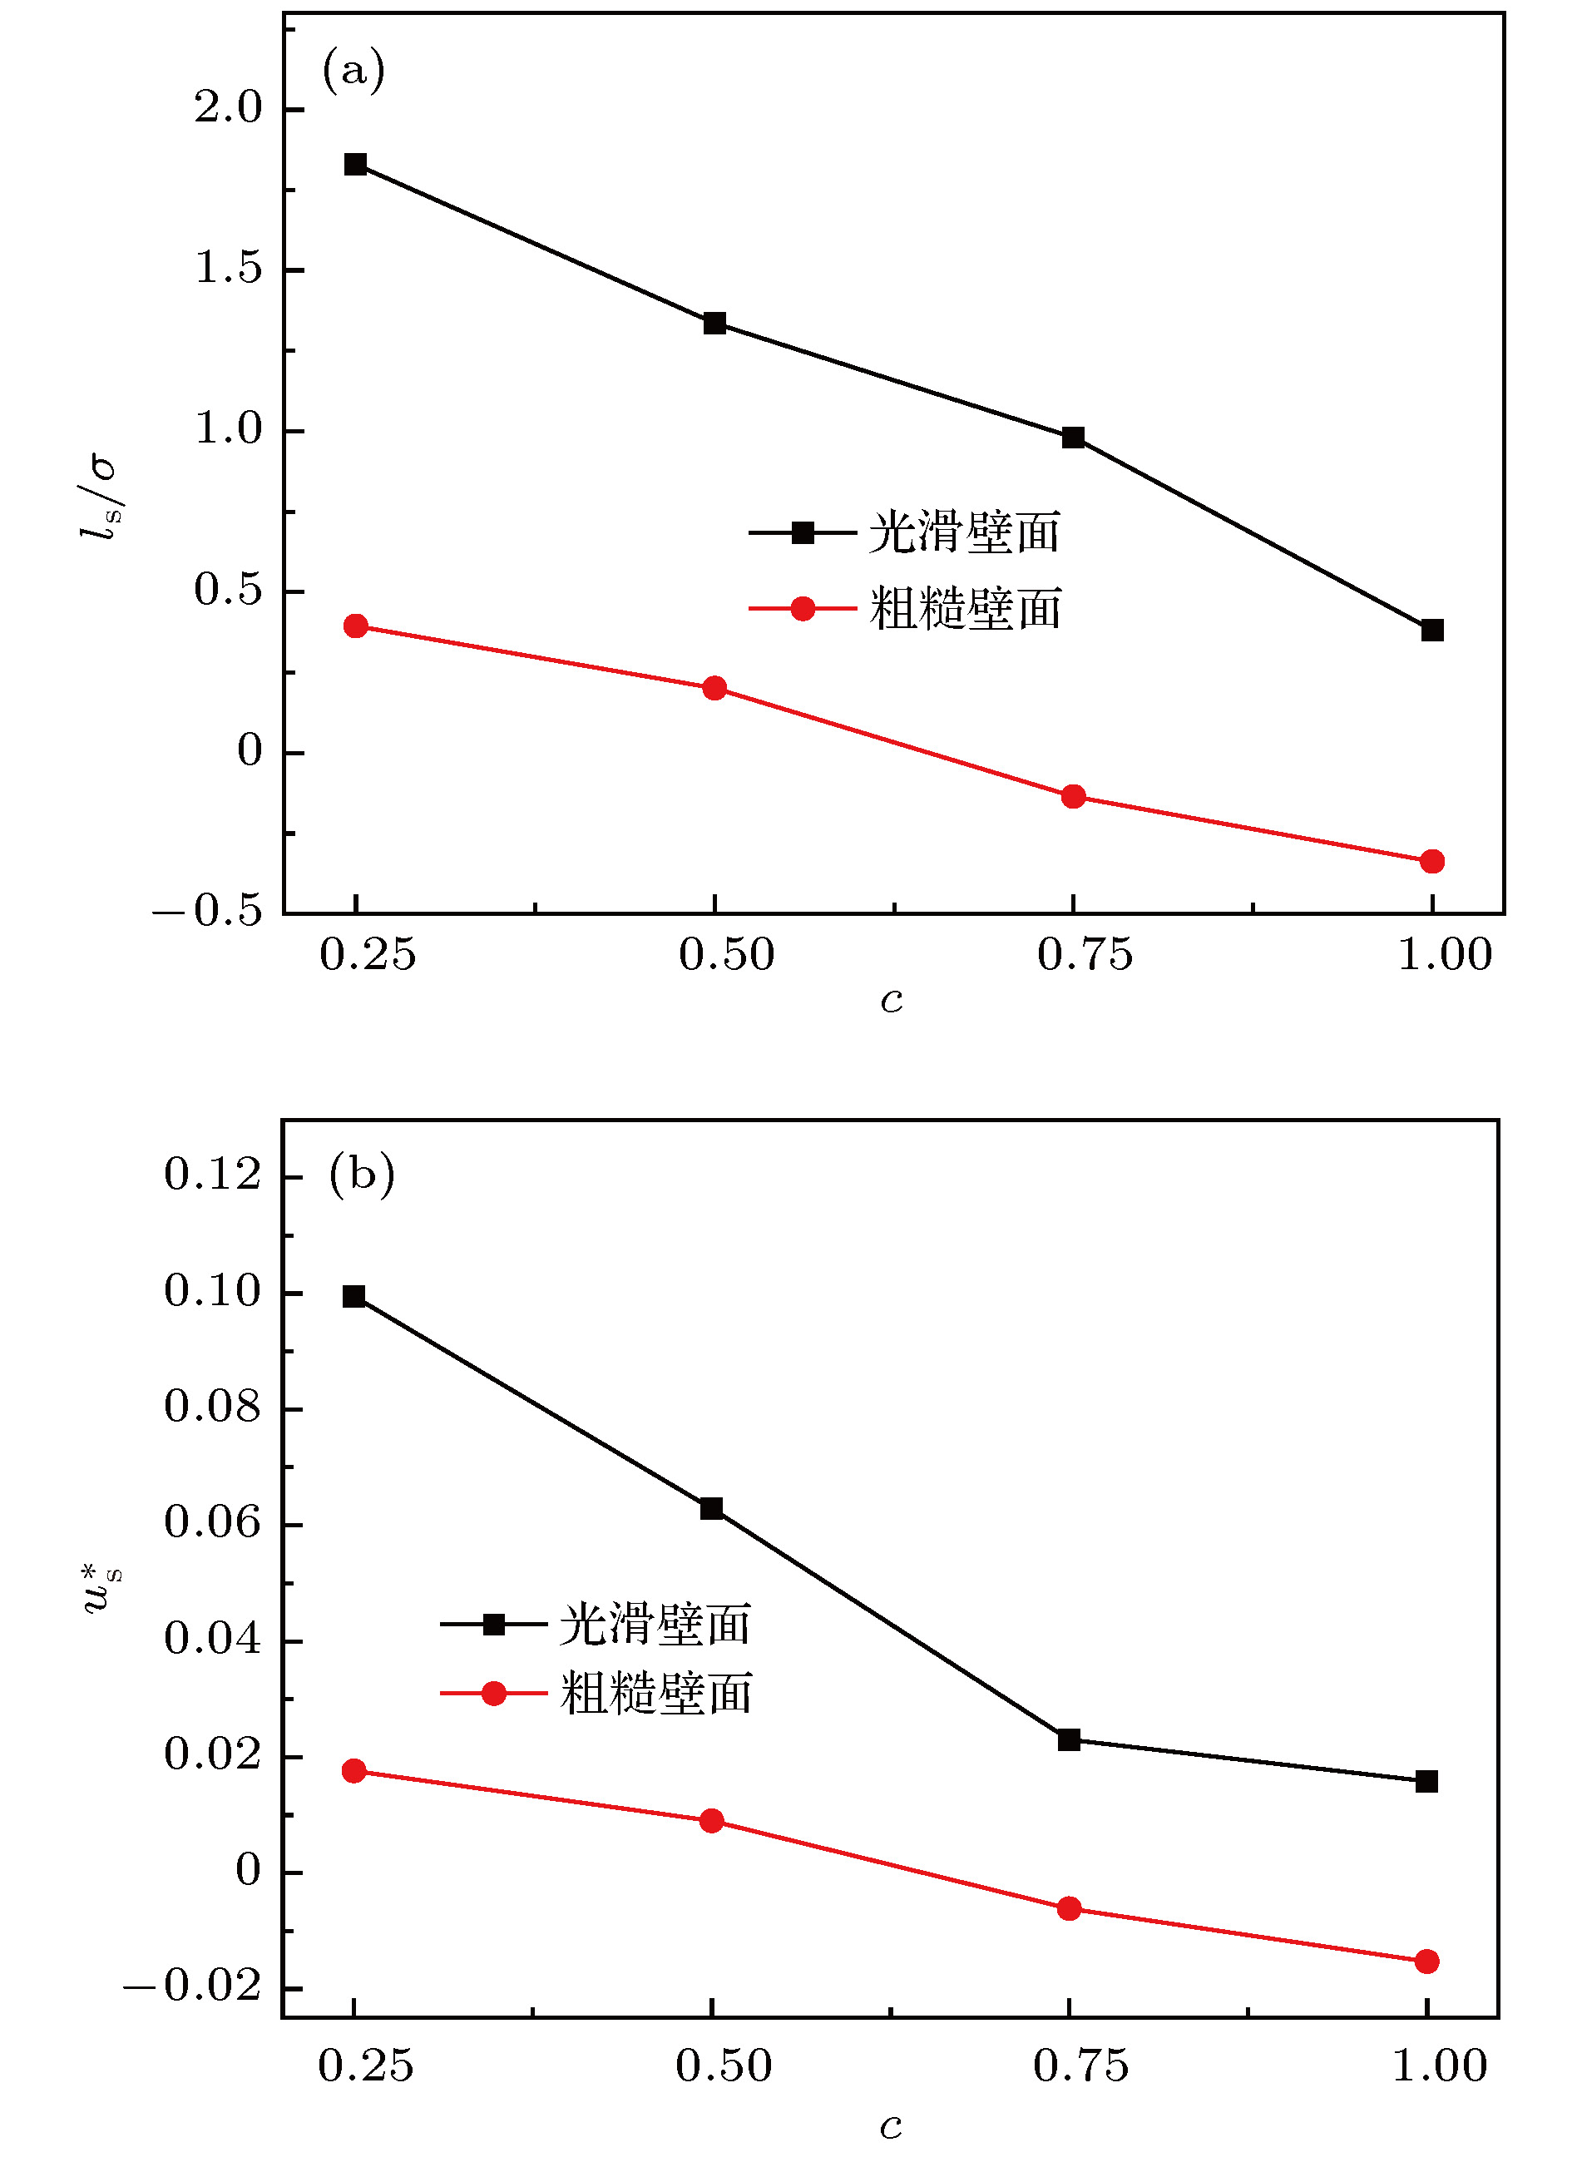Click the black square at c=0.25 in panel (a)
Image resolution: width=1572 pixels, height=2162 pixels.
click(x=356, y=165)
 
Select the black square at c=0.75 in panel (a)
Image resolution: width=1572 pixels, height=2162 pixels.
click(x=1074, y=438)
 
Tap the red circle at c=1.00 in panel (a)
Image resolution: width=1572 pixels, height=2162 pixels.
click(x=1432, y=862)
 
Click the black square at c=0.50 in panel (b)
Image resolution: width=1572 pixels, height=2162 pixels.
click(x=711, y=1509)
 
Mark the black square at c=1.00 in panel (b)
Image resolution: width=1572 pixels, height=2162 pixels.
click(x=1427, y=1782)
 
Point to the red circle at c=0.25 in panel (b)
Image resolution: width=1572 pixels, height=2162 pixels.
click(x=354, y=1771)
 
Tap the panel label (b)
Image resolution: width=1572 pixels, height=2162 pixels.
click(x=361, y=1175)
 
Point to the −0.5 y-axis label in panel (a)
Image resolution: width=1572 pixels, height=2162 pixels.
click(x=207, y=913)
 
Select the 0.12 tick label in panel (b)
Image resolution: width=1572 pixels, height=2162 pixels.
click(x=211, y=1175)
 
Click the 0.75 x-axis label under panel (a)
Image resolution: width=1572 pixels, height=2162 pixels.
click(x=1085, y=955)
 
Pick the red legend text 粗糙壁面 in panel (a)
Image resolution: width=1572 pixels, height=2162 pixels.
click(x=965, y=609)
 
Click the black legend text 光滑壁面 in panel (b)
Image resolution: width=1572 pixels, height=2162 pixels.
click(x=655, y=1625)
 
